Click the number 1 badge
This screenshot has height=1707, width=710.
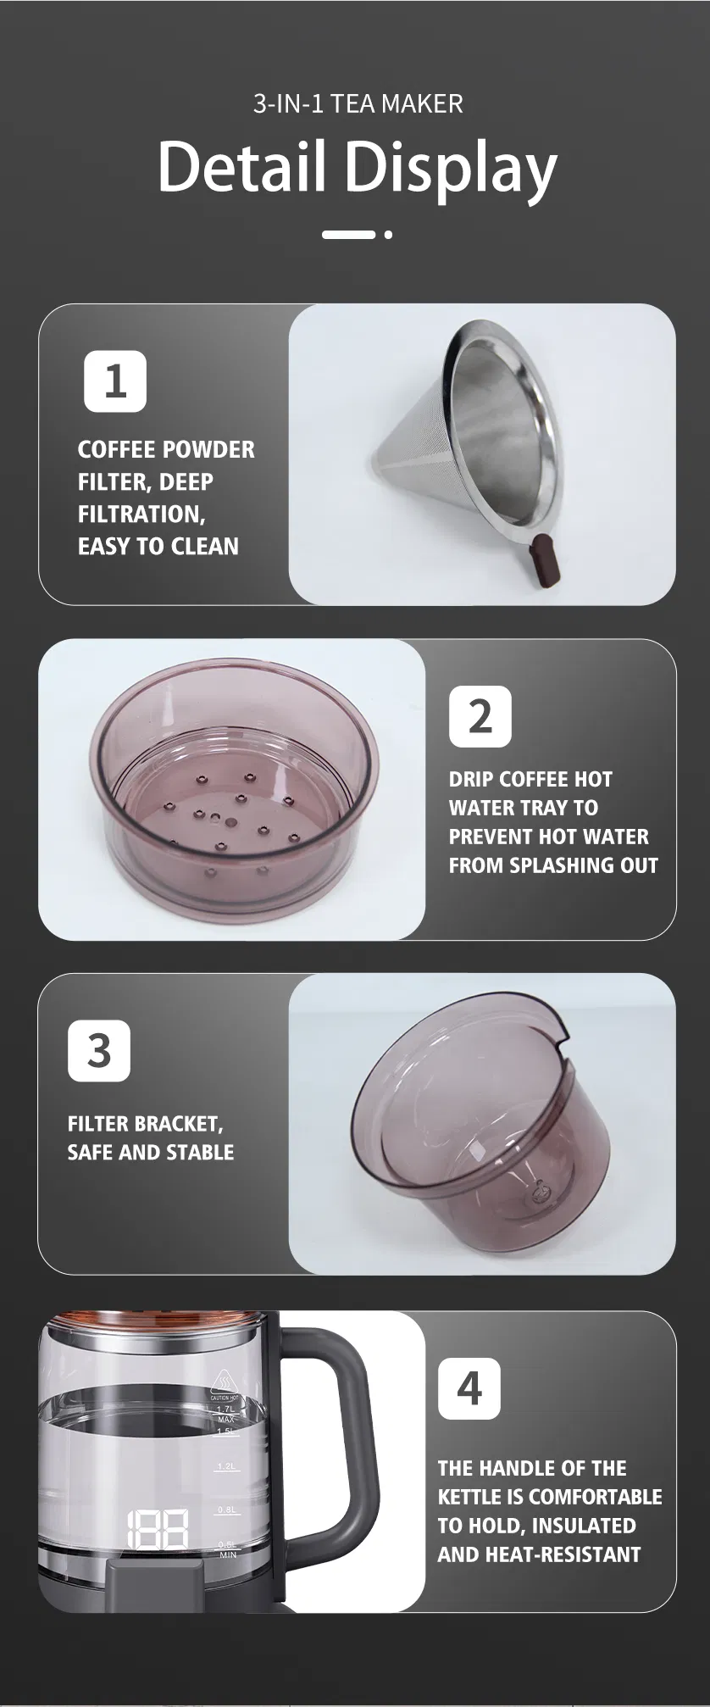pos(115,381)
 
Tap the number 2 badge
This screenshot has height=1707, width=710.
pos(480,716)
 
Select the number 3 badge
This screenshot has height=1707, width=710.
pos(99,1051)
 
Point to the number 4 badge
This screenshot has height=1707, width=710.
pos(469,1388)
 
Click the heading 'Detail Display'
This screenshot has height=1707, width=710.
pos(357,168)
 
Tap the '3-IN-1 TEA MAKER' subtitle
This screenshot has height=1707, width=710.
pos(358,104)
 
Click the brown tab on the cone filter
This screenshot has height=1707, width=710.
pos(542,561)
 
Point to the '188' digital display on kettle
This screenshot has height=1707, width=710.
pos(158,1528)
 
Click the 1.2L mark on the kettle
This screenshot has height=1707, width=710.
pos(226,1465)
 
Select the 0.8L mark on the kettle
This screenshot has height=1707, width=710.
pos(226,1510)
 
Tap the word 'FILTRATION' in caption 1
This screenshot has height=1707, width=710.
pos(140,514)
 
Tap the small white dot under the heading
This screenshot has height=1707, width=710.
pos(388,234)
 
